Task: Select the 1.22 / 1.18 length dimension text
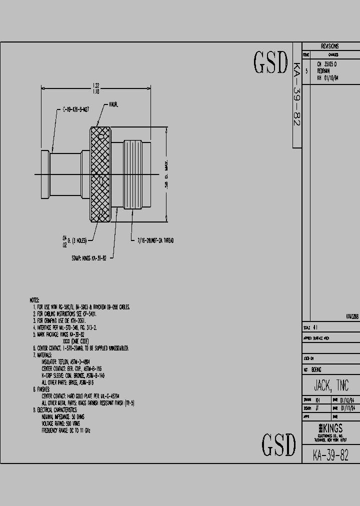(96, 88)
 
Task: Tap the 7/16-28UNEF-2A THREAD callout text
(155, 241)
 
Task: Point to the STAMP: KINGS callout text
(89, 258)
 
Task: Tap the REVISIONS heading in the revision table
(329, 46)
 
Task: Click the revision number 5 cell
(306, 71)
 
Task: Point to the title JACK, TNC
(330, 385)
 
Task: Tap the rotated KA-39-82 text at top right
(296, 95)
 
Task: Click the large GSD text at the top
(271, 62)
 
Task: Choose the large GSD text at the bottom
(278, 444)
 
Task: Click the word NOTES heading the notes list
(34, 300)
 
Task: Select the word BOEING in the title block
(316, 370)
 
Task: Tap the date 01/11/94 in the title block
(348, 408)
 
